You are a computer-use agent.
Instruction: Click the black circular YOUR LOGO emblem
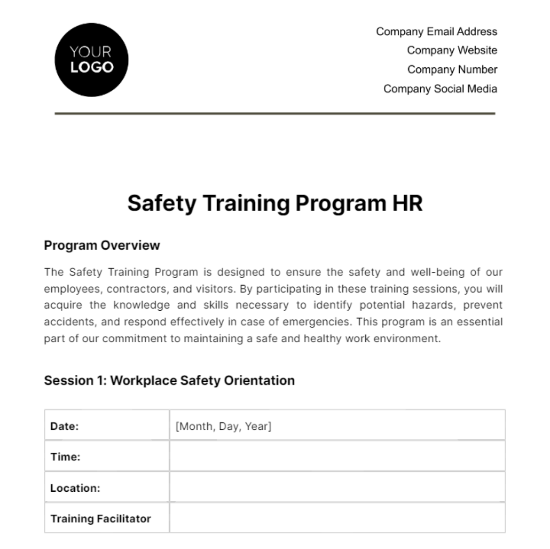91,60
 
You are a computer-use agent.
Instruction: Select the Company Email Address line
436,32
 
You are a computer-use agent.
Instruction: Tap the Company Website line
452,50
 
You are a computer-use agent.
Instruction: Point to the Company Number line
452,70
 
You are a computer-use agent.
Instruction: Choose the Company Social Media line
440,89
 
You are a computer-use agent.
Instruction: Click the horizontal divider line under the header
275,113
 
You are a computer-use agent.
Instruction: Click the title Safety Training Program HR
275,203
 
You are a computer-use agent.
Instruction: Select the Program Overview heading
102,246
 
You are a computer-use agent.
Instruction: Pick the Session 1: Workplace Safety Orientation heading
169,380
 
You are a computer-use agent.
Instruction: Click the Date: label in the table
65,426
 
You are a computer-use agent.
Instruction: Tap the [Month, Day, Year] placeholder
223,426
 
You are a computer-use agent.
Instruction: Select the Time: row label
65,457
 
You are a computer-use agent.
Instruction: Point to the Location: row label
75,488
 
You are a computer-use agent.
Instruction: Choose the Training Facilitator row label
100,519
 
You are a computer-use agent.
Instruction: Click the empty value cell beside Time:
337,457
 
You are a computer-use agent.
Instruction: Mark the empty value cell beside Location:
337,488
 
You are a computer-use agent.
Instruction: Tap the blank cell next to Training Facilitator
337,518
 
